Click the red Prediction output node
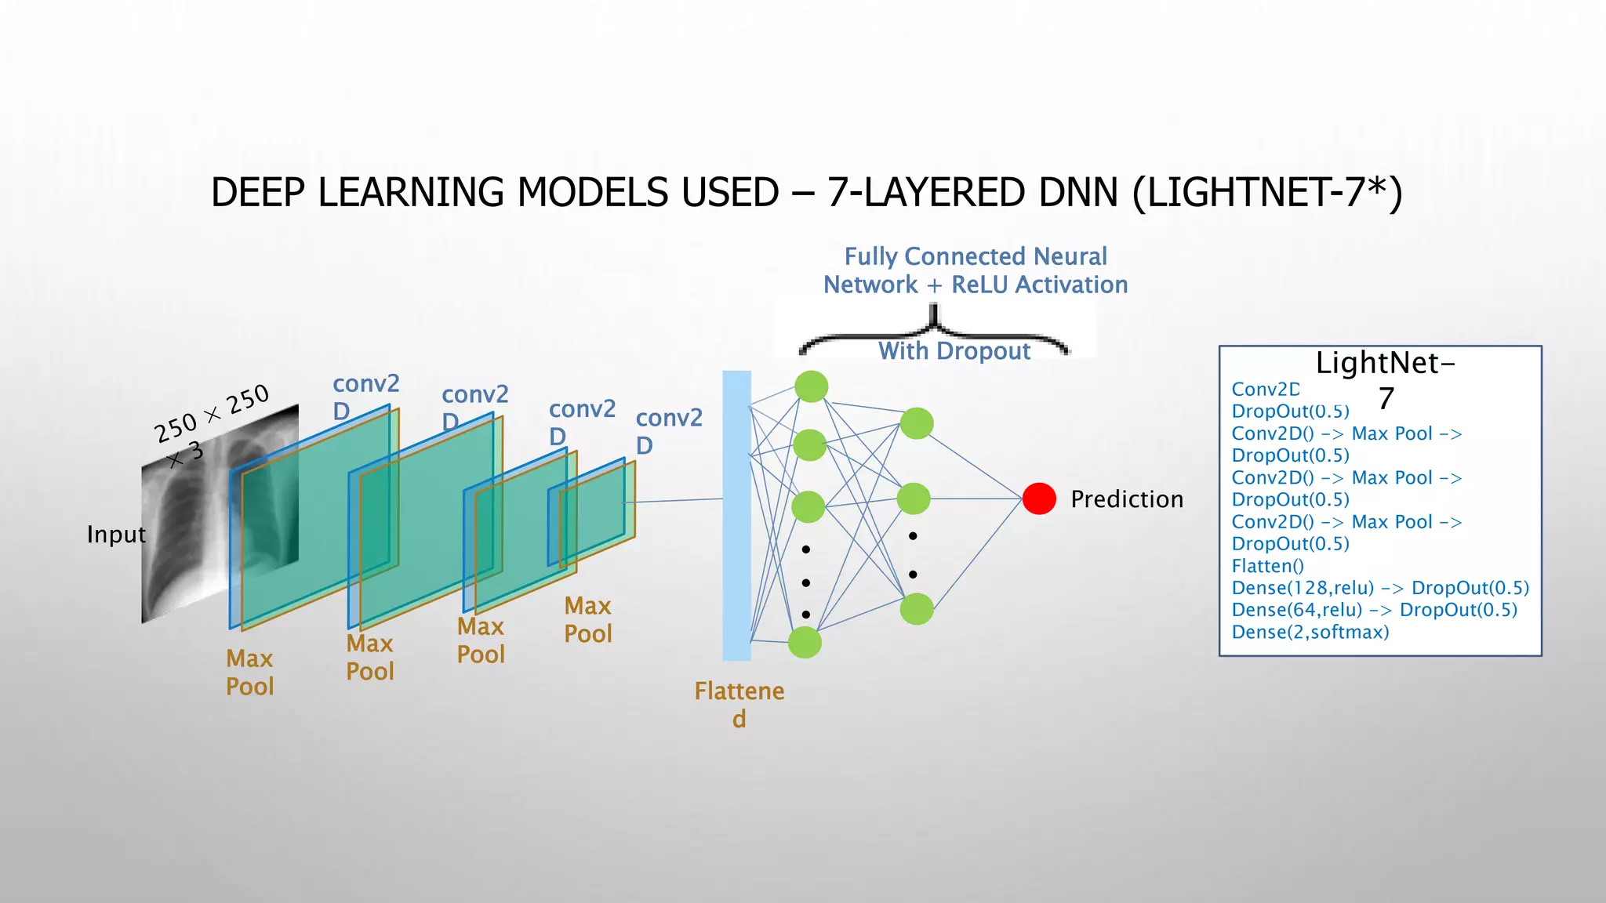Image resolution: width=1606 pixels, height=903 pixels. (1039, 499)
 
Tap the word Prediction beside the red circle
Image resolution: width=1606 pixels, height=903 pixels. (1126, 499)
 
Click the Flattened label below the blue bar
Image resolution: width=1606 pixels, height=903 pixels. (739, 703)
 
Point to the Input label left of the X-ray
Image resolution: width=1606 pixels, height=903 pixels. (116, 535)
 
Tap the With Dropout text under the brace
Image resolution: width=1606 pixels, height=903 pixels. (954, 351)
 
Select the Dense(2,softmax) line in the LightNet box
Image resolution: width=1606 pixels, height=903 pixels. (1310, 632)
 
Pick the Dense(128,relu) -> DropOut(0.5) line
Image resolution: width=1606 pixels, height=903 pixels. (1379, 588)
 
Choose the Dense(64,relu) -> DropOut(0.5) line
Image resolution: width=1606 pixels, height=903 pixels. (1374, 610)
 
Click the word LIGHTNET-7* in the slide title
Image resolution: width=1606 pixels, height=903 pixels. (1266, 193)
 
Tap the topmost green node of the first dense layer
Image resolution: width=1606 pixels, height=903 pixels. (811, 386)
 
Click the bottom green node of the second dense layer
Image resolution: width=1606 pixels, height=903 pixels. (916, 609)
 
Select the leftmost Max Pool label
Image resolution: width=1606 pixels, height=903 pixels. (249, 672)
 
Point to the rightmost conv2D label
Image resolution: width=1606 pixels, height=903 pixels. (667, 430)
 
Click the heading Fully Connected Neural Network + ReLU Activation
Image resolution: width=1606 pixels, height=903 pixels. (975, 270)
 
